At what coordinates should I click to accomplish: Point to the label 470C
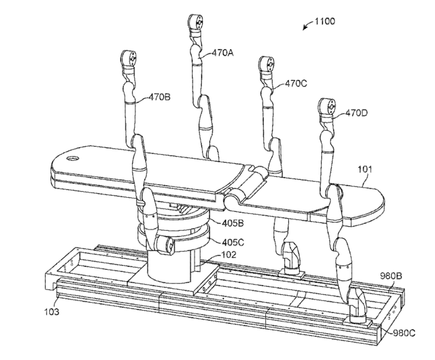click(x=296, y=84)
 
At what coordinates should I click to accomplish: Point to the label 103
click(x=53, y=312)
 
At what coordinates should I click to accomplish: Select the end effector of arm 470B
click(x=129, y=59)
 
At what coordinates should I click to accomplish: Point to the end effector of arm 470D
click(x=328, y=108)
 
